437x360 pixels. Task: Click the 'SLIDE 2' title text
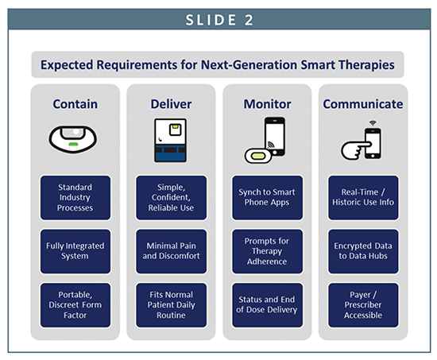click(219, 20)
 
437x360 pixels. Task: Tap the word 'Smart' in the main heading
click(318, 64)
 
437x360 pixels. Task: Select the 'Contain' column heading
click(75, 104)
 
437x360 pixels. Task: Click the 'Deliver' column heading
click(171, 104)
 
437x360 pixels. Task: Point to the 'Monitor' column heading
click(267, 104)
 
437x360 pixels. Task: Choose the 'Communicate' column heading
click(363, 104)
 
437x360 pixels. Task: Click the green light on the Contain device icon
click(73, 144)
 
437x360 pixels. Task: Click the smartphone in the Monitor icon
click(275, 136)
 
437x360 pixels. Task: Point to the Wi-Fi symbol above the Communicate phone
click(373, 123)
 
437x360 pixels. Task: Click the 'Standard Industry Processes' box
click(75, 197)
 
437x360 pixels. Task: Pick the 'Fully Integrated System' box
click(75, 251)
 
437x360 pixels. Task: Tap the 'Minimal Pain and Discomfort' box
click(171, 251)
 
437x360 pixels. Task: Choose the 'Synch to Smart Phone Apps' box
click(267, 197)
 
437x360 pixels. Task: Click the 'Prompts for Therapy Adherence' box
click(267, 251)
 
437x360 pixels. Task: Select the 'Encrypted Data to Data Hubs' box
click(363, 251)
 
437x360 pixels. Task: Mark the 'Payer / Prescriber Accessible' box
click(363, 305)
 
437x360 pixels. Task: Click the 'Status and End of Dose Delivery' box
click(267, 305)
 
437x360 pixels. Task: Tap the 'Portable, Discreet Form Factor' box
click(75, 305)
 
